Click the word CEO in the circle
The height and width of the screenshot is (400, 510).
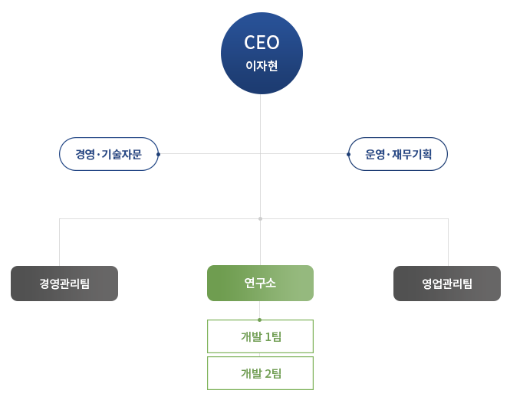pyautogui.click(x=262, y=43)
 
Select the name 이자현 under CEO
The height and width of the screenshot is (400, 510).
pyautogui.click(x=262, y=67)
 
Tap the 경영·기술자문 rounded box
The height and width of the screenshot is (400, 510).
pyautogui.click(x=108, y=154)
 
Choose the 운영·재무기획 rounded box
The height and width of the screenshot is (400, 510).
pyautogui.click(x=398, y=154)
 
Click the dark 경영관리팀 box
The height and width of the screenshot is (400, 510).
pyautogui.click(x=64, y=284)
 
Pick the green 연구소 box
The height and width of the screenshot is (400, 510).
pyautogui.click(x=260, y=284)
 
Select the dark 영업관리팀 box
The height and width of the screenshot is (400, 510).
pyautogui.click(x=447, y=284)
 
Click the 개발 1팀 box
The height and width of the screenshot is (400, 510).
pyautogui.click(x=260, y=336)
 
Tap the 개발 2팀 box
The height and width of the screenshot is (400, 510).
pyautogui.click(x=260, y=373)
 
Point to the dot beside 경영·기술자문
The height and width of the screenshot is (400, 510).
pyautogui.click(x=158, y=154)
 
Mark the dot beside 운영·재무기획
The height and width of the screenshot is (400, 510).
pyautogui.click(x=349, y=154)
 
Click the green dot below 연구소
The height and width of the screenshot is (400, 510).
pyautogui.click(x=260, y=320)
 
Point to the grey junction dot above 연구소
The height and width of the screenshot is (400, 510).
pyautogui.click(x=260, y=219)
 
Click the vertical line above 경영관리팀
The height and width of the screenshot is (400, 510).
pyautogui.click(x=60, y=244)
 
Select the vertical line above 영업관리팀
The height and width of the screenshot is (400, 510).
pyautogui.click(x=448, y=244)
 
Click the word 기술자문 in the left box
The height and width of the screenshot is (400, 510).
pyautogui.click(x=120, y=154)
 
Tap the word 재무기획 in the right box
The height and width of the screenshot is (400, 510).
pyautogui.click(x=412, y=154)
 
